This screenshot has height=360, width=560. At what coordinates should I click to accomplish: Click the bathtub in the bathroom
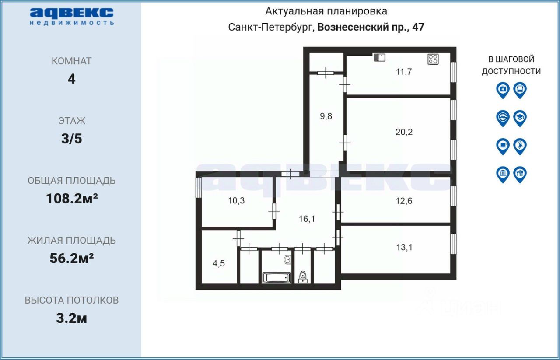pyautogui.click(x=276, y=277)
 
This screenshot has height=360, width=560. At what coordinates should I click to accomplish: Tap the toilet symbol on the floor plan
pyautogui.click(x=302, y=276)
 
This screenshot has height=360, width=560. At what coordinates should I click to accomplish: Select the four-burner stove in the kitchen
pyautogui.click(x=433, y=59)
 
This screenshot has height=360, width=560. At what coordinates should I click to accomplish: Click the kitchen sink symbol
pyautogui.click(x=379, y=57)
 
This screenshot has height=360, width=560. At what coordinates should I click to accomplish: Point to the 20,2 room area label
pyautogui.click(x=404, y=132)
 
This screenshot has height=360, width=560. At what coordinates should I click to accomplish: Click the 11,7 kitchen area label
pyautogui.click(x=404, y=72)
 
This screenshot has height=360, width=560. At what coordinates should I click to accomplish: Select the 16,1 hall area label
pyautogui.click(x=307, y=219)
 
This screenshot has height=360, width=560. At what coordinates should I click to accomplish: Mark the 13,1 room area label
pyautogui.click(x=404, y=247)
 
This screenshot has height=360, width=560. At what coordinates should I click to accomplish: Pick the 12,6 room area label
pyautogui.click(x=404, y=201)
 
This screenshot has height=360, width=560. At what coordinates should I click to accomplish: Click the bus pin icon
pyautogui.click(x=520, y=90)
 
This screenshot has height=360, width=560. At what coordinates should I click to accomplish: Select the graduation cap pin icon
pyautogui.click(x=520, y=118)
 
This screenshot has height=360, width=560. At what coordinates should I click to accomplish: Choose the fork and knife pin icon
pyautogui.click(x=520, y=174)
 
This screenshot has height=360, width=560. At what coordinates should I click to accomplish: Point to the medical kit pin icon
pyautogui.click(x=503, y=90)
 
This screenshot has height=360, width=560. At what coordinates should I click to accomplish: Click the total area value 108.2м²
pyautogui.click(x=72, y=199)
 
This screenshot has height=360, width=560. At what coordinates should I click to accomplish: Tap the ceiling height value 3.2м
pyautogui.click(x=72, y=318)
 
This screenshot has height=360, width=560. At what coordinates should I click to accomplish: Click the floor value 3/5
pyautogui.click(x=72, y=139)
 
